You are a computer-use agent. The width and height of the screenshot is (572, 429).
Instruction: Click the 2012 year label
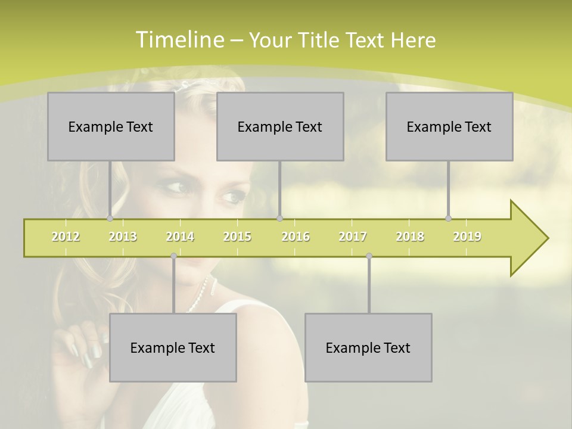pos(66,237)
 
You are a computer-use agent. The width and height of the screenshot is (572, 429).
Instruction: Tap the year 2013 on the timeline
pos(123,237)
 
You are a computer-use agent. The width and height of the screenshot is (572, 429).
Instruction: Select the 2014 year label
pos(180,237)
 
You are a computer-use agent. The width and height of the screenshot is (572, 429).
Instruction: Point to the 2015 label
pos(237,237)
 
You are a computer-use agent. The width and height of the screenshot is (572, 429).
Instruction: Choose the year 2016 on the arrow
pos(296,237)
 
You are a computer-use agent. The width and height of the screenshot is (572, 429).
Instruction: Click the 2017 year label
pos(353,237)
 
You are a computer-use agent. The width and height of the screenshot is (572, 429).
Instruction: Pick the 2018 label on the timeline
pos(410,237)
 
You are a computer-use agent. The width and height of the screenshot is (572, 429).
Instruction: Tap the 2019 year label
pos(467,237)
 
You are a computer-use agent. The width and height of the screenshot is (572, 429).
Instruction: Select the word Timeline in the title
pos(179,40)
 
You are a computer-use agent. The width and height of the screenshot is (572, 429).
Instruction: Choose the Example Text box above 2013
pos(111,126)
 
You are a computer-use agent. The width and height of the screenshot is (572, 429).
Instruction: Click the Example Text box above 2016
pos(280,126)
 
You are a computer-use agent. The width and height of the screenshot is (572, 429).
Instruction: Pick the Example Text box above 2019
pos(449,126)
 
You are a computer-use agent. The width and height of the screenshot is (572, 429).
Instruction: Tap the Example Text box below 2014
pos(173,347)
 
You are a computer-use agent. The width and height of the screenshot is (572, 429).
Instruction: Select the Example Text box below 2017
pos(368,347)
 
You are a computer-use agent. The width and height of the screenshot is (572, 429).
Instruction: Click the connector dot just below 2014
pos(173,256)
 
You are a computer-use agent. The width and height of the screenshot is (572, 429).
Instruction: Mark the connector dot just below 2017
pos(369,256)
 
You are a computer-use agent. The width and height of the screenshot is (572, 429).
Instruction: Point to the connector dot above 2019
pos(448,219)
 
